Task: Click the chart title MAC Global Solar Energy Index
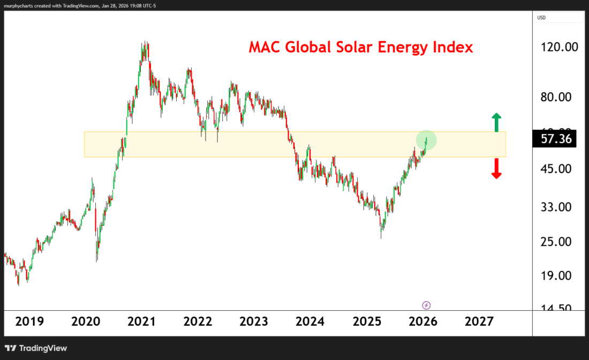coord(360,47)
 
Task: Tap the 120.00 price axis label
coord(560,47)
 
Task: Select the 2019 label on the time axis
coord(29,321)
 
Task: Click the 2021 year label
coord(141,321)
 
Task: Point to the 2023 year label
coord(254,321)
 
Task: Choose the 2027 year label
coord(479,321)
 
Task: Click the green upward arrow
coord(496,122)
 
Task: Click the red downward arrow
coord(496,169)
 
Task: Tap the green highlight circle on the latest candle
coord(426,140)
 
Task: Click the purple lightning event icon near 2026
coord(426,305)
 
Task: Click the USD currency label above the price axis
coord(542,18)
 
